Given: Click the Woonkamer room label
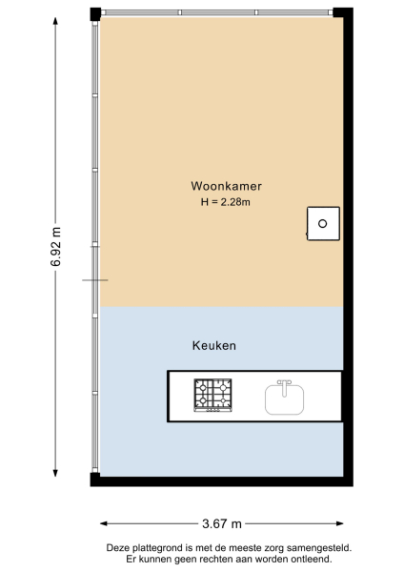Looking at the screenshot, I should [x=226, y=187].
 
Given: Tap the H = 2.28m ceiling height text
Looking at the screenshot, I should [x=226, y=202].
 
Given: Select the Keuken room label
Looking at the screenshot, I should [x=213, y=345].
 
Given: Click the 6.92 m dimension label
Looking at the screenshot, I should [x=56, y=249].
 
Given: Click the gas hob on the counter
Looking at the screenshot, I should [x=213, y=397].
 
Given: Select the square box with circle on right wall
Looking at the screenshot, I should [x=323, y=223].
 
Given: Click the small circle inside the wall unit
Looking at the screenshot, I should [x=323, y=223].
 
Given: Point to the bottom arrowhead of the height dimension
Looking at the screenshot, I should [x=56, y=478].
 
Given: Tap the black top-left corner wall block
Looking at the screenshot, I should [x=95, y=12].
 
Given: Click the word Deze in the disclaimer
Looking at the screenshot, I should [x=119, y=548].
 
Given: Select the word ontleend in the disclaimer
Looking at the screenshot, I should [x=312, y=559].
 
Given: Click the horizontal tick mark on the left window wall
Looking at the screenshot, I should [x=95, y=279].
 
